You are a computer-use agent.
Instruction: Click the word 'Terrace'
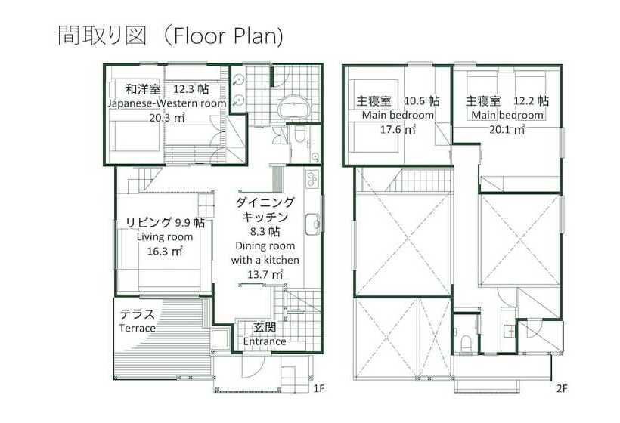click(137, 329)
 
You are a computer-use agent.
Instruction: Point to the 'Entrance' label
click(265, 341)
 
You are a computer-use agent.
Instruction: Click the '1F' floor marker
click(318, 390)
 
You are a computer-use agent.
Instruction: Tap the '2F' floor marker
click(561, 390)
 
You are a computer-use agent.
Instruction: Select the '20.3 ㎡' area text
click(167, 117)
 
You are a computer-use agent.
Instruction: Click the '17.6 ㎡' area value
click(398, 129)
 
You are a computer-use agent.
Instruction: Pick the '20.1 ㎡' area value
click(507, 129)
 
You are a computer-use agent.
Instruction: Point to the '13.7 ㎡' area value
click(265, 274)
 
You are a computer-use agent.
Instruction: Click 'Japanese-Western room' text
click(166, 103)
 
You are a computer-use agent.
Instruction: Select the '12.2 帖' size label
click(532, 100)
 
